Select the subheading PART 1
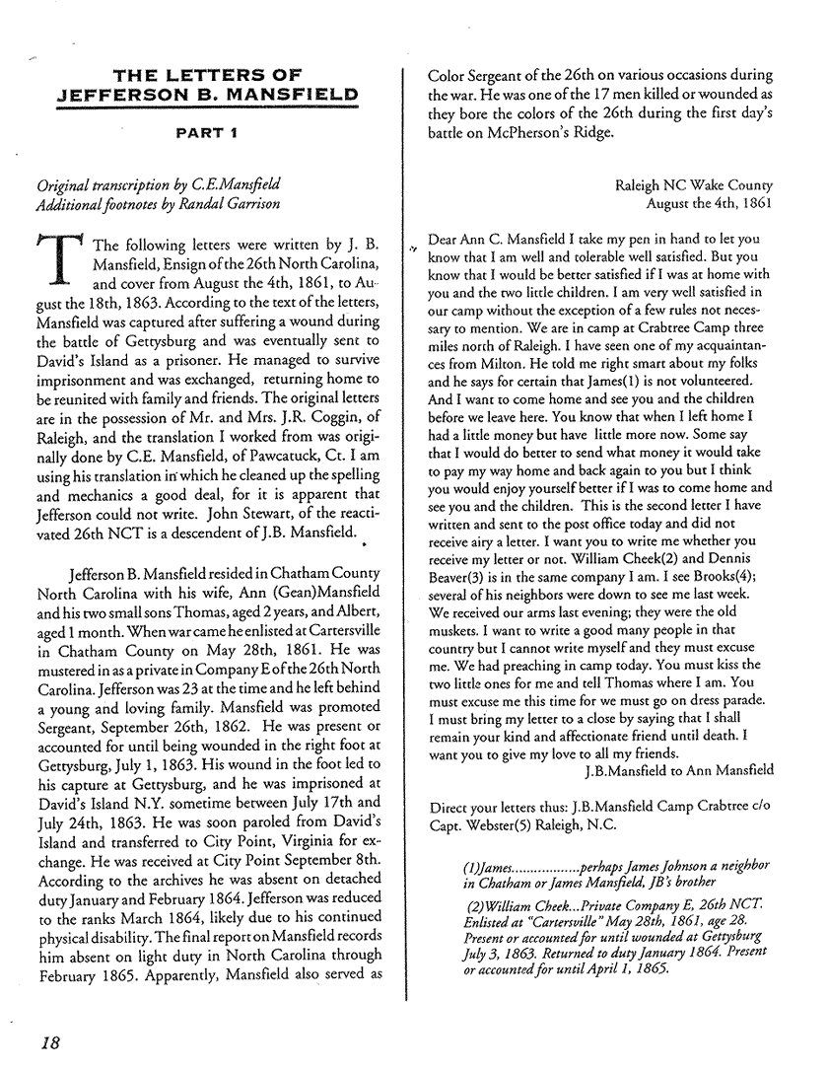point(206,129)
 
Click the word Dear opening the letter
point(448,239)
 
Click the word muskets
point(458,621)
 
